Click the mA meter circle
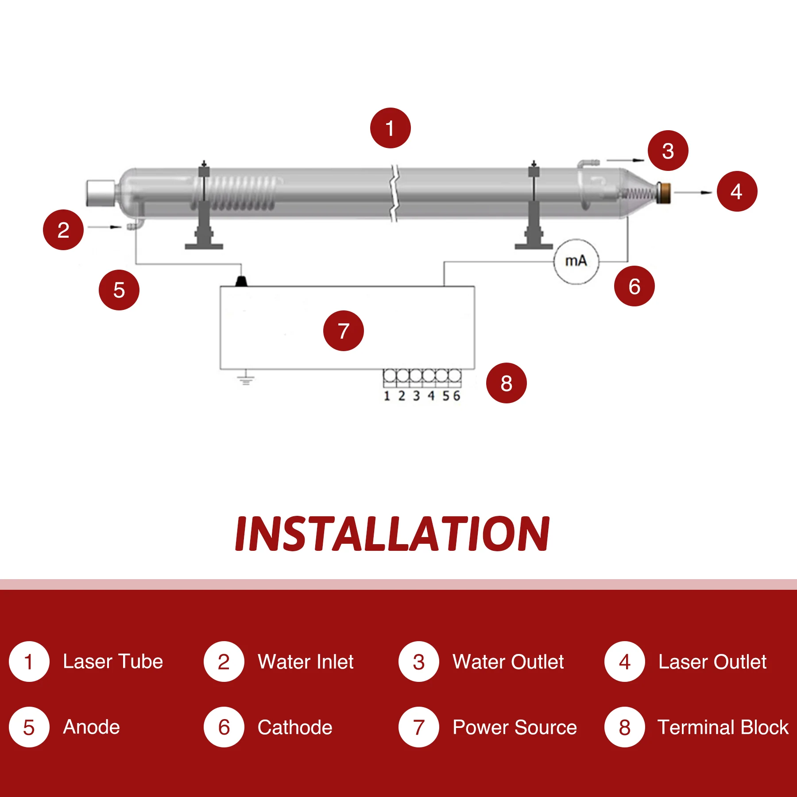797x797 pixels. click(576, 261)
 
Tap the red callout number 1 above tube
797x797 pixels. click(390, 128)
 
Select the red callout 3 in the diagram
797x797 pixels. click(668, 151)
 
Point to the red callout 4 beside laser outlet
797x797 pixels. click(736, 191)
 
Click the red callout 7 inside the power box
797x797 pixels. click(343, 331)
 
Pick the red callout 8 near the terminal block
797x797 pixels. click(506, 383)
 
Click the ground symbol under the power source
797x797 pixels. click(246, 379)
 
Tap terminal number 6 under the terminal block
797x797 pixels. click(457, 396)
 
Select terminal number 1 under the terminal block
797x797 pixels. click(387, 396)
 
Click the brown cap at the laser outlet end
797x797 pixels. click(664, 193)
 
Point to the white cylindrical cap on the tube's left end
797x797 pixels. click(101, 193)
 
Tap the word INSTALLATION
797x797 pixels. click(392, 534)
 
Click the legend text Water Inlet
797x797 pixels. click(306, 662)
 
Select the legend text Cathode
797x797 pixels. click(295, 727)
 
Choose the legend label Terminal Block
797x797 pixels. click(723, 727)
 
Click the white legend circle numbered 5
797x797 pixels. click(29, 727)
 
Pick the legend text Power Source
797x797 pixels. click(515, 727)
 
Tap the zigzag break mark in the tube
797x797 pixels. click(394, 193)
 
